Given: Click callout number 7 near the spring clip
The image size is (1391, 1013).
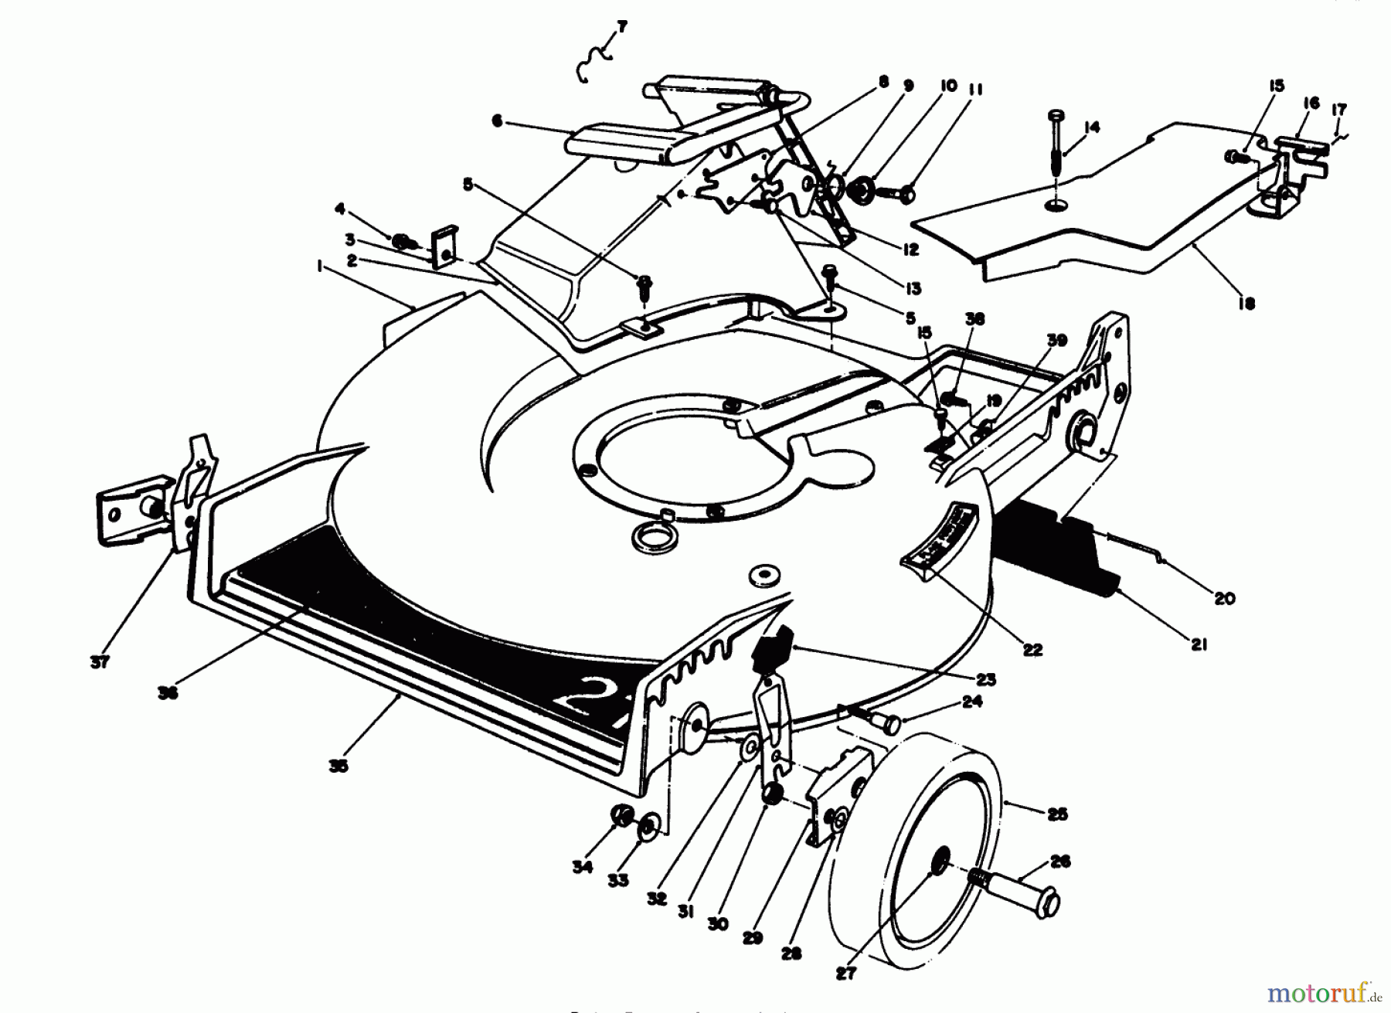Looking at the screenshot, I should [x=622, y=28].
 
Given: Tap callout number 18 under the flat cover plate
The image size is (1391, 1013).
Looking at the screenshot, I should [x=1245, y=304].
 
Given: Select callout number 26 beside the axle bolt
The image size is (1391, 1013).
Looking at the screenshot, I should [x=1060, y=862].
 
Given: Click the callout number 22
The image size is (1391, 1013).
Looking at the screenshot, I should [x=1032, y=650].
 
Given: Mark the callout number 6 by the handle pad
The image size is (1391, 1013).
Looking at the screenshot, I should [x=497, y=121].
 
